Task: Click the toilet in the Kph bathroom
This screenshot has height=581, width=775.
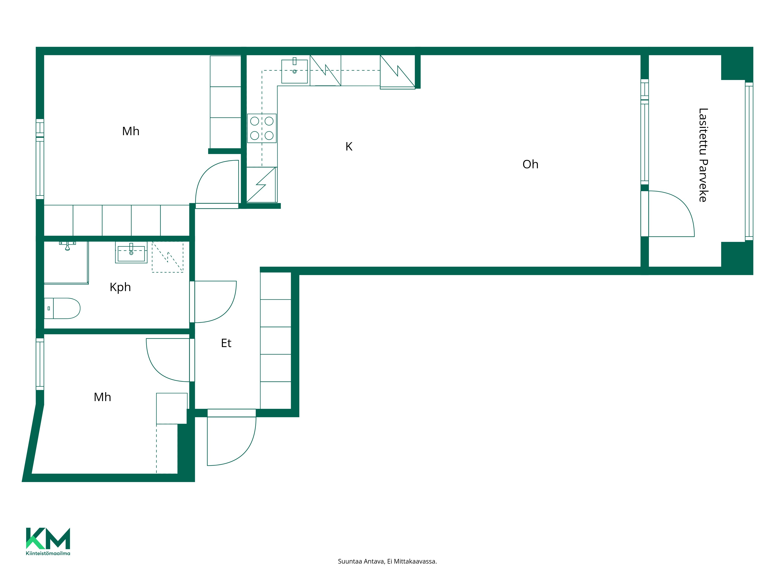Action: pyautogui.click(x=62, y=308)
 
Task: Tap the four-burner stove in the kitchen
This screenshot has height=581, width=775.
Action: pyautogui.click(x=262, y=128)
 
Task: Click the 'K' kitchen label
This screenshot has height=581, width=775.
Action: pyautogui.click(x=349, y=146)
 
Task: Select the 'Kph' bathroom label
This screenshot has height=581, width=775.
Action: pyautogui.click(x=120, y=287)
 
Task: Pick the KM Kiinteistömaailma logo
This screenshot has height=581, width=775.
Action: pyautogui.click(x=48, y=541)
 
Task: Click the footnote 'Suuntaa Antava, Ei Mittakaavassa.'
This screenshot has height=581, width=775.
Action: pyautogui.click(x=387, y=561)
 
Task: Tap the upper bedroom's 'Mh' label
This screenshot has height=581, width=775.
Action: pyautogui.click(x=131, y=131)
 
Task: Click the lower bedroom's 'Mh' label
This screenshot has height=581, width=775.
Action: pyautogui.click(x=102, y=397)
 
